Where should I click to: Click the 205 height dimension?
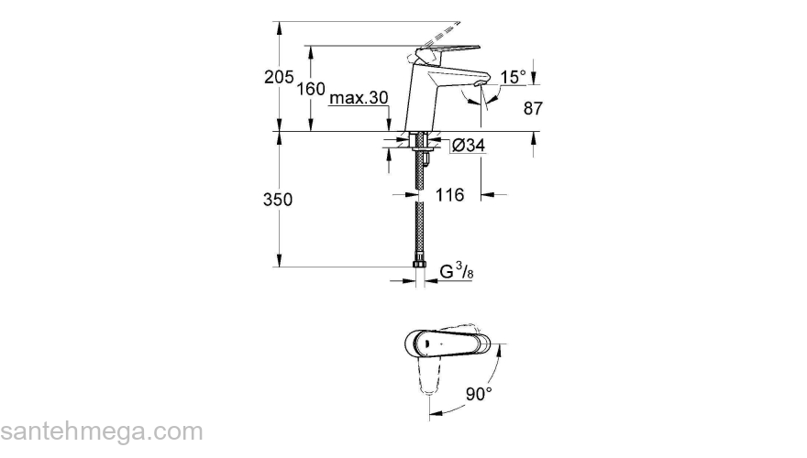(x=279, y=78)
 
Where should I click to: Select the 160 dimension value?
(x=313, y=89)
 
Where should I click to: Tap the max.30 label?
(x=359, y=98)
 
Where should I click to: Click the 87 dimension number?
(x=534, y=108)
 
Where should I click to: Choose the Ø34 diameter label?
(x=469, y=145)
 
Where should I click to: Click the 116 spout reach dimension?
(x=450, y=195)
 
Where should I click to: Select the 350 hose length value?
(x=279, y=200)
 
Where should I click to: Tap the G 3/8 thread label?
(x=456, y=271)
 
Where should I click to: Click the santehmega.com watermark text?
(x=101, y=431)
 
